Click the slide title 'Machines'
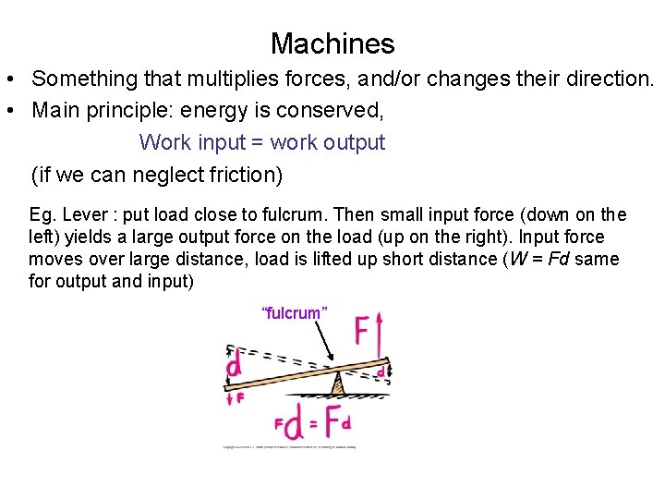pos(332,43)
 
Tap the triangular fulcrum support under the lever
pos(339,383)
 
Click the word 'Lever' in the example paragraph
pos(85,214)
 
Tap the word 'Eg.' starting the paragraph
pos(42,214)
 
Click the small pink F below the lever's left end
pos(239,398)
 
